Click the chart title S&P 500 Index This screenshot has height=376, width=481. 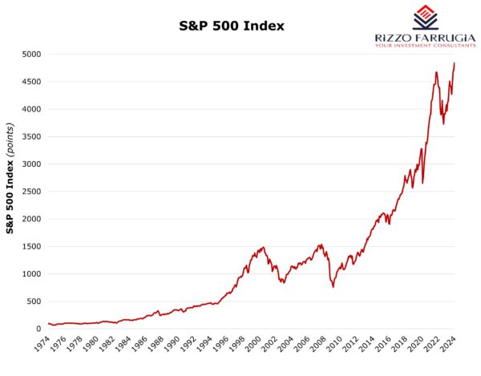[232, 26]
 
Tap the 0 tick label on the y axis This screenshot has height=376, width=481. [38, 329]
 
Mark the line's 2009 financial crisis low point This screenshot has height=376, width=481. [333, 287]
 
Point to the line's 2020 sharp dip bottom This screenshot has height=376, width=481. [422, 183]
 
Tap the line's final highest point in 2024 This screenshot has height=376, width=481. [455, 63]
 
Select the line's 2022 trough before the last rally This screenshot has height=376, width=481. [443, 124]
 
